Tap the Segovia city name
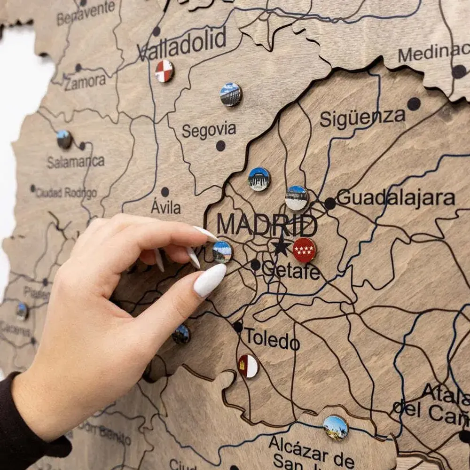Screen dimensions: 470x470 [x=209, y=131]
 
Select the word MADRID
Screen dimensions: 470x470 [x=266, y=226]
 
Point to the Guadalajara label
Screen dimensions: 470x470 [x=396, y=198]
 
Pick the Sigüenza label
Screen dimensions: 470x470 [x=362, y=118]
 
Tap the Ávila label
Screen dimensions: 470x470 [x=165, y=207]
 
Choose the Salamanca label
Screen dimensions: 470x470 [x=76, y=162]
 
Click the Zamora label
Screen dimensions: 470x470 [x=85, y=82]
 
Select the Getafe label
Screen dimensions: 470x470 [x=291, y=271]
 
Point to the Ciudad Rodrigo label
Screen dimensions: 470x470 [x=66, y=192]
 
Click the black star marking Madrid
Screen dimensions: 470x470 [x=281, y=246]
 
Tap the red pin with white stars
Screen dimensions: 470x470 [x=304, y=250]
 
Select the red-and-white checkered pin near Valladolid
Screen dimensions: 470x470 [x=164, y=71]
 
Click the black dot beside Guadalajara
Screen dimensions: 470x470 [x=330, y=204]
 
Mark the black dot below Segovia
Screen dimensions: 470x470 [x=220, y=146]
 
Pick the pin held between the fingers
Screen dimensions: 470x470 [x=222, y=252]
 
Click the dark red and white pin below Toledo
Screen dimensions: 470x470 [x=248, y=366]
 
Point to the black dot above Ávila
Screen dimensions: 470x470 [x=165, y=192]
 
